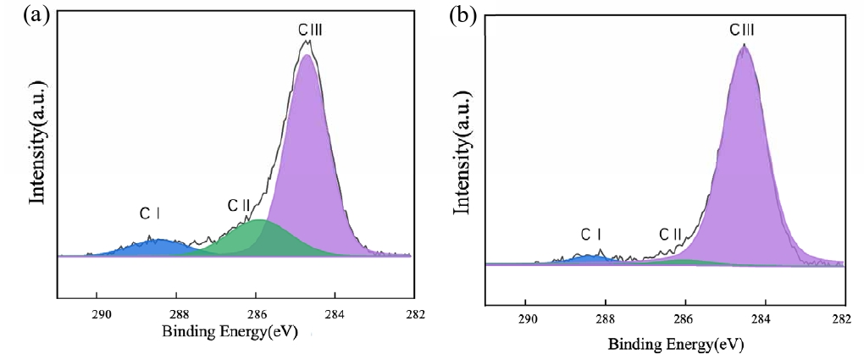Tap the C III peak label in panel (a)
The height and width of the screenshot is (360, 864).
coord(310,30)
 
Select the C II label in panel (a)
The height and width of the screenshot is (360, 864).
coord(238,206)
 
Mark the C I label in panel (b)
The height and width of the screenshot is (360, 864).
coord(591,234)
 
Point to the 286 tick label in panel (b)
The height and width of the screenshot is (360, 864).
coord(684,321)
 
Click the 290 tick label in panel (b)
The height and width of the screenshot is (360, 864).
coord(527,321)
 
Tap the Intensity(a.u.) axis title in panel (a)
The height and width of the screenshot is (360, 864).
coord(37,143)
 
